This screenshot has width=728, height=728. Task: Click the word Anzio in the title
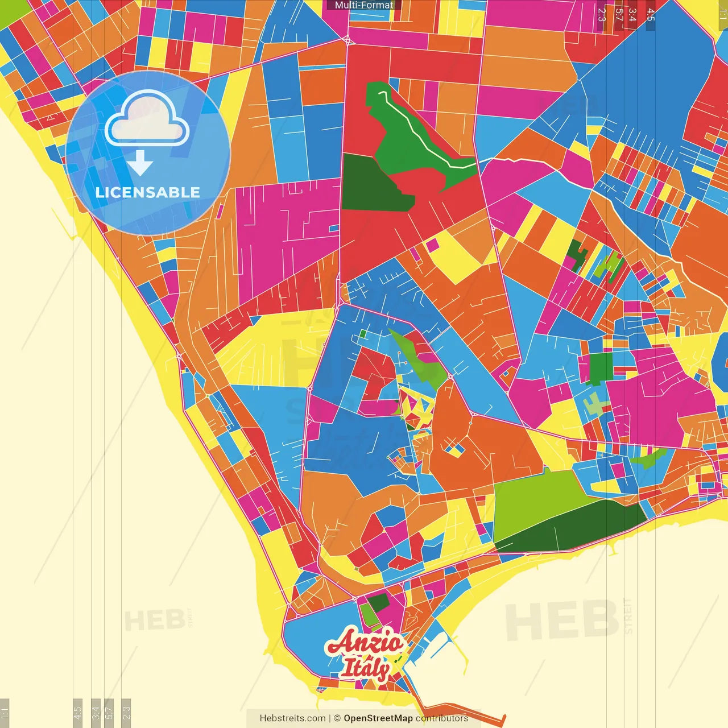tap(364, 643)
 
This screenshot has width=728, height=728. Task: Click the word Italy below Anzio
tap(365, 668)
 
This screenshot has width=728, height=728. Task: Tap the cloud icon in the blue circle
tap(147, 121)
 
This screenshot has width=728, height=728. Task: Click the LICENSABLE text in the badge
tap(148, 192)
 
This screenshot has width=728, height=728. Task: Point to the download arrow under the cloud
tap(140, 163)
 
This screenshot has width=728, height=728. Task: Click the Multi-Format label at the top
tap(364, 5)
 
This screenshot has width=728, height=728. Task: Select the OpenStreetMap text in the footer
tap(378, 718)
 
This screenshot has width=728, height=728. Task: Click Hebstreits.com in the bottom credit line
tap(293, 718)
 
